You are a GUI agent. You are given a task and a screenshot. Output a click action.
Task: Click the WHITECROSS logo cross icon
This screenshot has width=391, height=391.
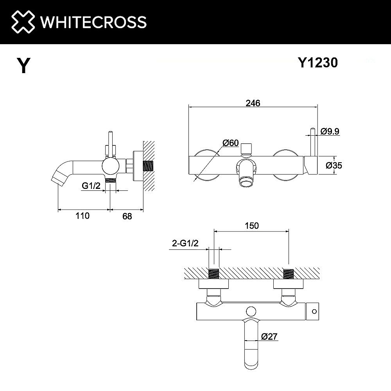pos(23,22)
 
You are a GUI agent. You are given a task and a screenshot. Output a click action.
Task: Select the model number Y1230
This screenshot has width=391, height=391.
pos(317,63)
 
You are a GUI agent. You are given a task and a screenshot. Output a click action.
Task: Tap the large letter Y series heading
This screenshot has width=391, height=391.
pos(23,65)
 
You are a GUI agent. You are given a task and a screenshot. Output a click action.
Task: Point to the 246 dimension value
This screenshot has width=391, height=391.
pos(253,103)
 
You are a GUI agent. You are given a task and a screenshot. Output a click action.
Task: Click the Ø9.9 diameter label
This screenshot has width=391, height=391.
pos(330,132)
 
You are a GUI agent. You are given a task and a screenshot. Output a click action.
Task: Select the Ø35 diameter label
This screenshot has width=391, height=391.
pos(334,165)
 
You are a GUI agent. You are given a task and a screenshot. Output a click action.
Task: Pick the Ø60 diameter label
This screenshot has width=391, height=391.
pos(230,143)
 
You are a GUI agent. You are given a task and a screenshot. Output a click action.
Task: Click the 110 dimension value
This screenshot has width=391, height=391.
pos(83,215)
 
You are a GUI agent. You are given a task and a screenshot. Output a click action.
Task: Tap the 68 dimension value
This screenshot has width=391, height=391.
pos(127,215)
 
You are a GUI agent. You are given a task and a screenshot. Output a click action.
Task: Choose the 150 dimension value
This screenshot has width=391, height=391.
pos(252,226)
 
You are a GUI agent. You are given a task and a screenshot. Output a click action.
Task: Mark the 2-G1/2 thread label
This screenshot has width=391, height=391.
pos(185,244)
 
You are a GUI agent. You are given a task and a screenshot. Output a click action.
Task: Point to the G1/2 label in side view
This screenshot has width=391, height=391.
pos(91,186)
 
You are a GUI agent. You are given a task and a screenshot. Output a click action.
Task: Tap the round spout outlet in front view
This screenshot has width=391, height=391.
pos(246,183)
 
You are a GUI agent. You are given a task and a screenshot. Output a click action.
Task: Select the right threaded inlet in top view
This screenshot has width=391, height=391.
pos(289,274)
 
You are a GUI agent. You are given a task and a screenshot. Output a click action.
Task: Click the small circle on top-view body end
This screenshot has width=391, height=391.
pos(313,312)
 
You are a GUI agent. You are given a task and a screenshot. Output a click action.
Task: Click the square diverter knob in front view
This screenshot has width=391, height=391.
pos(246,148)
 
